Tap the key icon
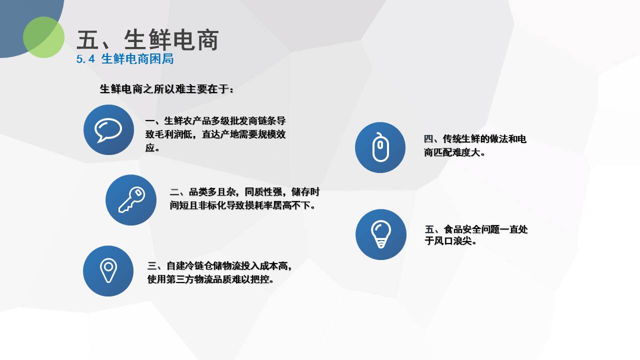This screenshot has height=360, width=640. pyautogui.click(x=131, y=199)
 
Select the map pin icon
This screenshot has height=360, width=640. pyautogui.click(x=108, y=270)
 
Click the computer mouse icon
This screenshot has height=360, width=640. pyautogui.click(x=380, y=147)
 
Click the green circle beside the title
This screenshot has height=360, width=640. pyautogui.click(x=43, y=37)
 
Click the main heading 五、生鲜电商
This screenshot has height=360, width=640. pyautogui.click(x=147, y=40)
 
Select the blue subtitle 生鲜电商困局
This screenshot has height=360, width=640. pyautogui.click(x=137, y=59)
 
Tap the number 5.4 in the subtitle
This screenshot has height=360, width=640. pyautogui.click(x=85, y=59)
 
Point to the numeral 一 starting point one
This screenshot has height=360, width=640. pyautogui.click(x=149, y=121)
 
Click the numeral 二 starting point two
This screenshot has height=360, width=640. pyautogui.click(x=174, y=191)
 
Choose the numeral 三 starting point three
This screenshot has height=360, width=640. pyautogui.click(x=151, y=266)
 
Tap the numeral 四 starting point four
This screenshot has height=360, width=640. pyautogui.click(x=428, y=139)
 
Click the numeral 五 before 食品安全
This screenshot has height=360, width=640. pyautogui.click(x=429, y=229)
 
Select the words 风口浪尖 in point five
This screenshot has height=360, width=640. pyautogui.click(x=452, y=241)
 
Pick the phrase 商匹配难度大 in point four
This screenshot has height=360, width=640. pyautogui.click(x=452, y=152)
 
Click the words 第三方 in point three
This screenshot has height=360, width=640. pyautogui.click(x=180, y=279)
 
